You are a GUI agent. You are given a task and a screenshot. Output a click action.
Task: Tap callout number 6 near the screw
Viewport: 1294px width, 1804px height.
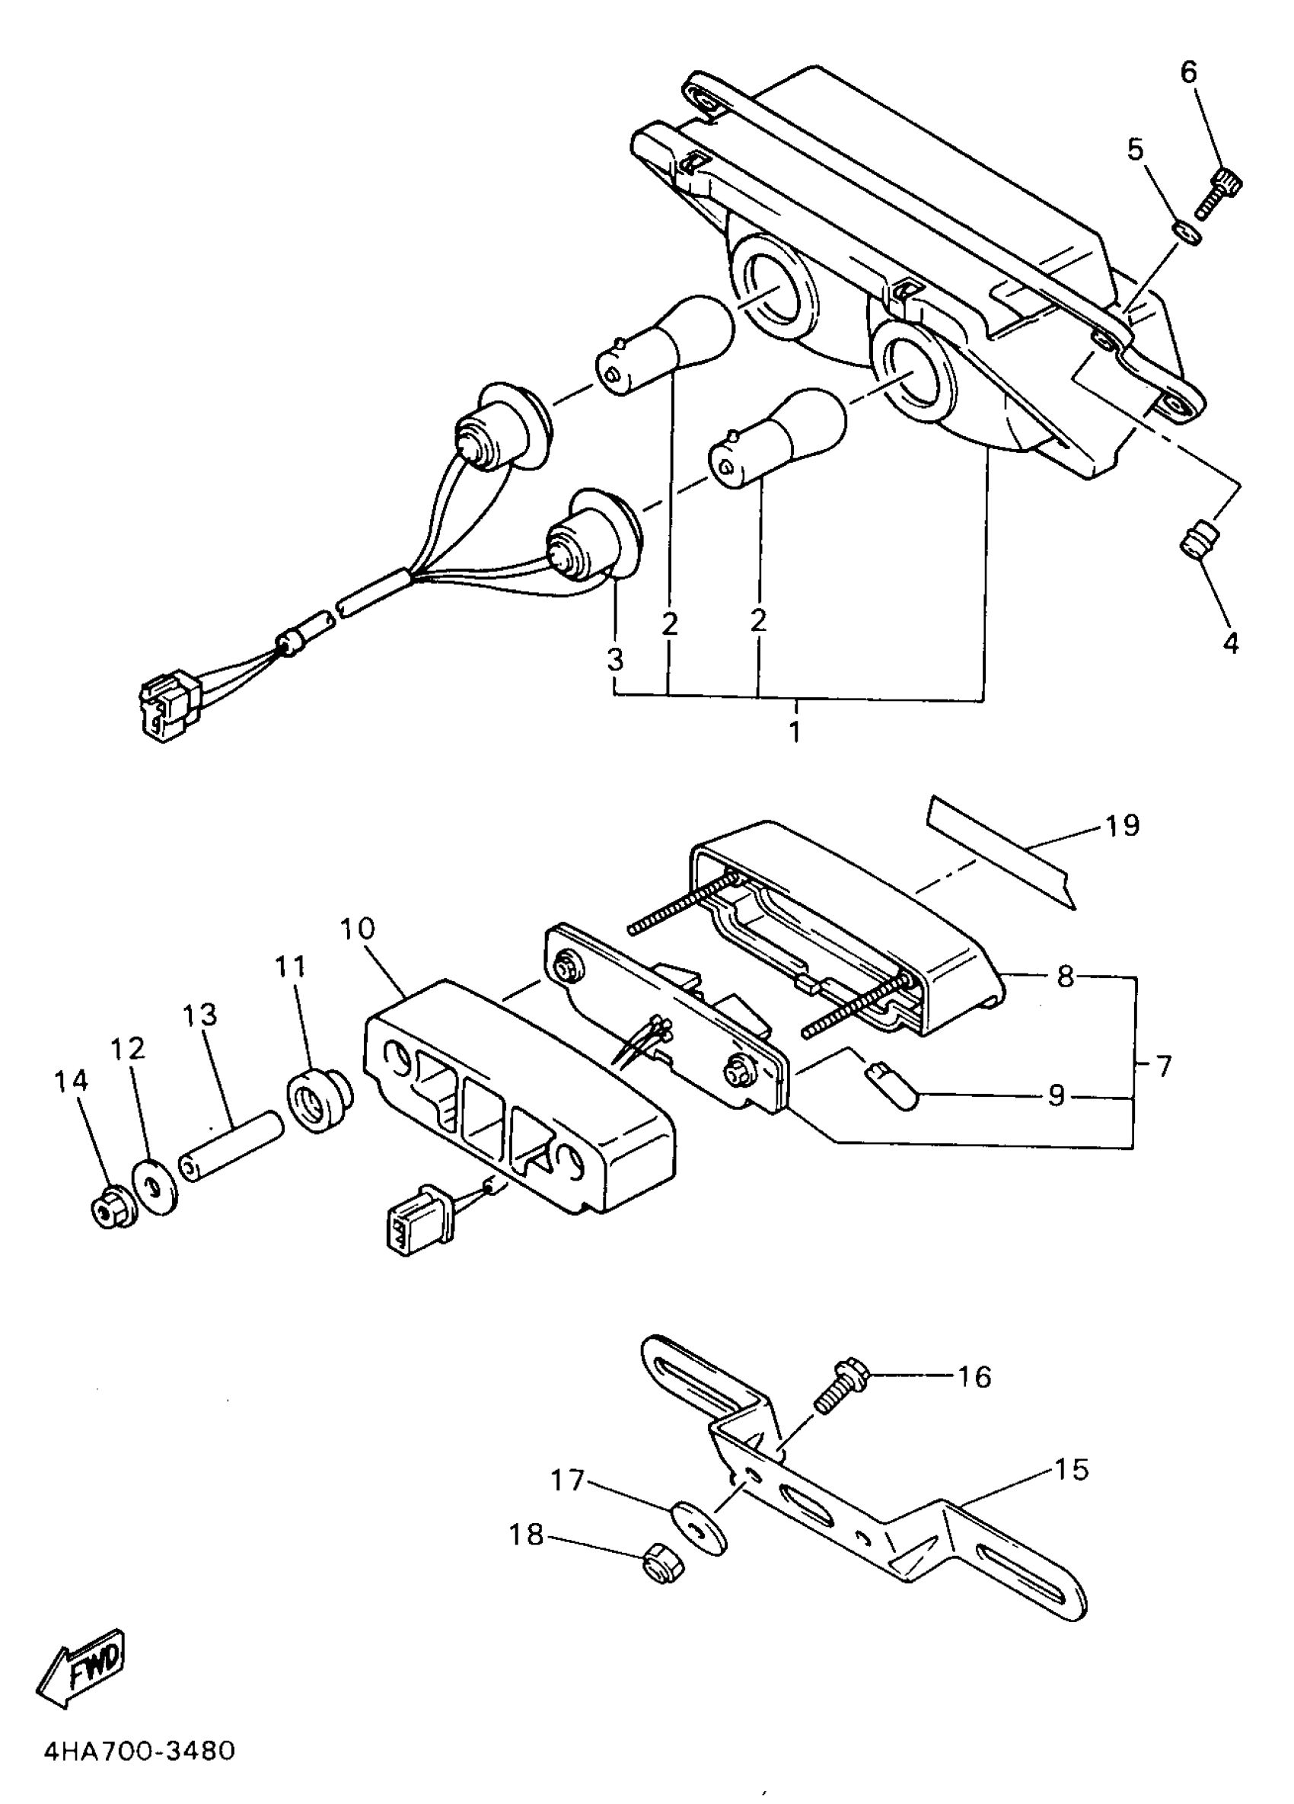[1188, 72]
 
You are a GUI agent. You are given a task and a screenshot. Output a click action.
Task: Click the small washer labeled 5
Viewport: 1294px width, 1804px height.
[1185, 233]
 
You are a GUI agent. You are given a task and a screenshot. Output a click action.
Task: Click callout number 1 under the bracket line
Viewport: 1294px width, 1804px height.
[795, 731]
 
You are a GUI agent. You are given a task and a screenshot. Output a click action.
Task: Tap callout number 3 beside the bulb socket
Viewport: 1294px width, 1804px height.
[615, 660]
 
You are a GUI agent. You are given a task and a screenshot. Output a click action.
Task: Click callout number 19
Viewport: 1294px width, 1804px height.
[1122, 827]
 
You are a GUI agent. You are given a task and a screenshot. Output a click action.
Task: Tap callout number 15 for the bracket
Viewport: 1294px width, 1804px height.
[1069, 1470]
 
